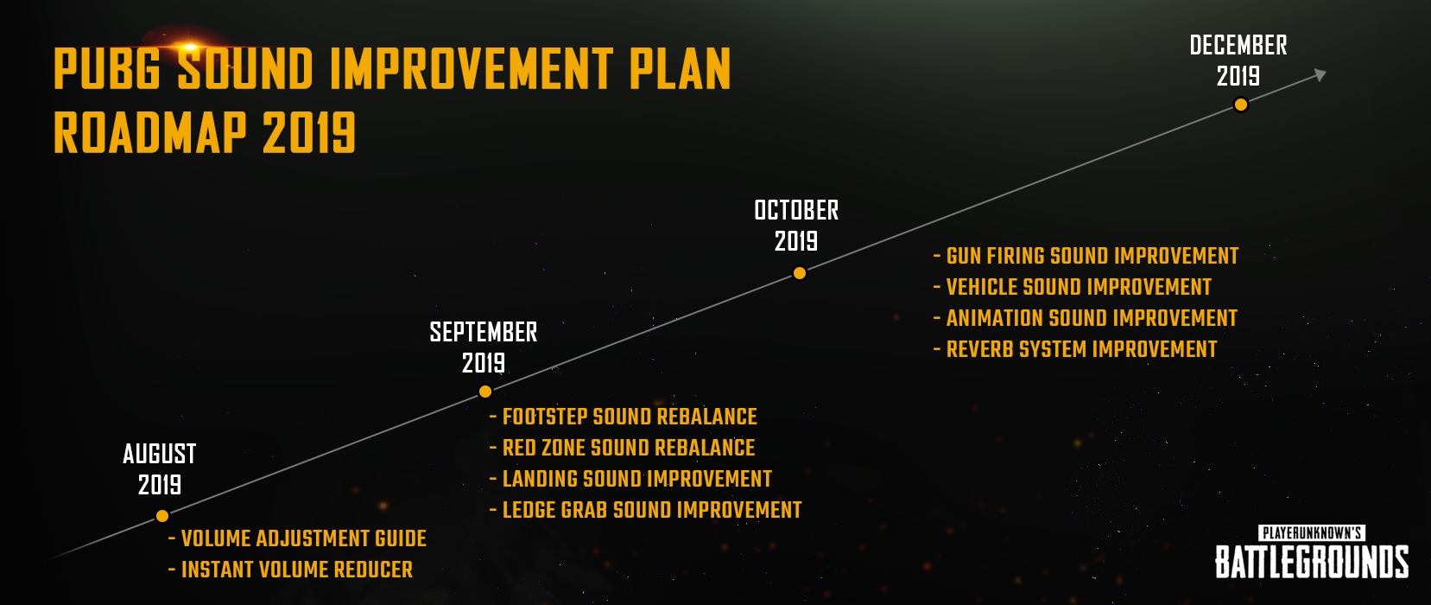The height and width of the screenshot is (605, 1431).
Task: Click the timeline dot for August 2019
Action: [162, 515]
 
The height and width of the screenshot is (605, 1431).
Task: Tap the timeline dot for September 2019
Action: [485, 392]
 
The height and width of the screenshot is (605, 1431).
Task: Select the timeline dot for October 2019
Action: [799, 273]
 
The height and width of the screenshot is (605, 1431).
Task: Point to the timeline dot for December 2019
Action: [1241, 105]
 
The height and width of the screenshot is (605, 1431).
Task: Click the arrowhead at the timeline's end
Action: [1320, 75]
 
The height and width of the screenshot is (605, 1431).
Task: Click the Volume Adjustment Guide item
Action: [298, 538]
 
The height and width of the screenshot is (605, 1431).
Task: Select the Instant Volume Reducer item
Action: [291, 570]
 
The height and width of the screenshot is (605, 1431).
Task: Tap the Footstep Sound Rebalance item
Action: [624, 417]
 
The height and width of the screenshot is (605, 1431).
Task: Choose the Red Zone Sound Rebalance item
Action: [622, 448]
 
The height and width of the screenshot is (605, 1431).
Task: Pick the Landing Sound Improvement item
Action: [631, 479]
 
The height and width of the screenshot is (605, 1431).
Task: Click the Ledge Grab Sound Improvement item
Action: [646, 510]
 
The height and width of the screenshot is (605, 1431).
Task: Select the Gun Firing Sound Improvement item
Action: [1086, 256]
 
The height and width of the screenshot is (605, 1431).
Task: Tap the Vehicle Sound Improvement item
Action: [1073, 287]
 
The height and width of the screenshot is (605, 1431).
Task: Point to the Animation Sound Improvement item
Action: [1086, 318]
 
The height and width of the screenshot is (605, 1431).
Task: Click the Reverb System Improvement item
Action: [1075, 349]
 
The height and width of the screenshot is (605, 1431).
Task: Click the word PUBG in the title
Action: [107, 69]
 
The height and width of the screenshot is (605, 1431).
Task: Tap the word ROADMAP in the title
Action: [150, 132]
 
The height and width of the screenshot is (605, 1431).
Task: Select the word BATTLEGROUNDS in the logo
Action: [1312, 562]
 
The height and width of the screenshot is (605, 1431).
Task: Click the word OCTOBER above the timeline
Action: [796, 210]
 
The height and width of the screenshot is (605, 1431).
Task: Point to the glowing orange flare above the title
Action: [189, 47]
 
